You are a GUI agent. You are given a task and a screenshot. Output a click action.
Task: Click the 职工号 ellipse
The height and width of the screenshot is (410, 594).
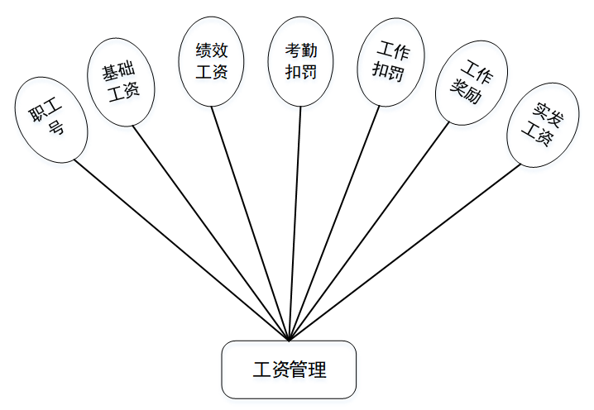[50, 119]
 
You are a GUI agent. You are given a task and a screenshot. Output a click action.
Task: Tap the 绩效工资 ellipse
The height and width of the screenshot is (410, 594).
[212, 63]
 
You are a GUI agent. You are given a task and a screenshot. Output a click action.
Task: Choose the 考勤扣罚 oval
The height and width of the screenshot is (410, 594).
[300, 63]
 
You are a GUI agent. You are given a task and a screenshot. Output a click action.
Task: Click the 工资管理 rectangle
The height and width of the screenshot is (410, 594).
[289, 369]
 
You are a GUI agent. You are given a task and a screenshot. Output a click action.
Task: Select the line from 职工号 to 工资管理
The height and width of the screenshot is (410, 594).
[181, 249]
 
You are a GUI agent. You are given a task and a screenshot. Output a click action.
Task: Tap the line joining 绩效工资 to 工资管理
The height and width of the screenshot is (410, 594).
[250, 223]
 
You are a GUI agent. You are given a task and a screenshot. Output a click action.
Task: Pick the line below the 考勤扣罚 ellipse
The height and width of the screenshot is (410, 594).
[295, 223]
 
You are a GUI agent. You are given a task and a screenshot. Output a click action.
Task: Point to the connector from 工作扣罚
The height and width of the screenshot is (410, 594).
[333, 223]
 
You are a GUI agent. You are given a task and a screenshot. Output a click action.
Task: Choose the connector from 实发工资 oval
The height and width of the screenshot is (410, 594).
[405, 252]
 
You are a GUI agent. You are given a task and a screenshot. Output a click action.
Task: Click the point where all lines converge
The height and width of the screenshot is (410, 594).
[289, 339]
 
